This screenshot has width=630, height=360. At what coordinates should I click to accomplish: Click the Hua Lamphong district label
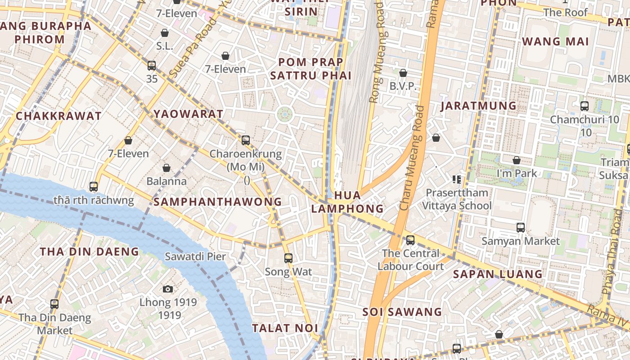347,202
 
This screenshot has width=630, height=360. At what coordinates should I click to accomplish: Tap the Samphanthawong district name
218,202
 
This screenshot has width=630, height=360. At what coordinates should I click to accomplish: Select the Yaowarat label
189,114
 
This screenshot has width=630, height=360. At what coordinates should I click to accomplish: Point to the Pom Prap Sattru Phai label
310,68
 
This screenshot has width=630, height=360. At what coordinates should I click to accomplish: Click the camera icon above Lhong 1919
168,289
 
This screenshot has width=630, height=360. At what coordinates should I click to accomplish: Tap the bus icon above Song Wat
288,258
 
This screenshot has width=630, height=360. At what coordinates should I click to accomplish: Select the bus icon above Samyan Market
521,228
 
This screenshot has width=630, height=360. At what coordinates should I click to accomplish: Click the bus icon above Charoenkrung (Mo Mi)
246,140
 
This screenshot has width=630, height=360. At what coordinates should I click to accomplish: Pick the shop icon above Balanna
166,168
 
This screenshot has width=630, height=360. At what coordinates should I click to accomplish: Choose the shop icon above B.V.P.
403,73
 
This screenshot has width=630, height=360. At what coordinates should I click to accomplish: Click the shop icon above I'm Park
517,160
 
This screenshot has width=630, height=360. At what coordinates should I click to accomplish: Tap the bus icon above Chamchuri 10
585,106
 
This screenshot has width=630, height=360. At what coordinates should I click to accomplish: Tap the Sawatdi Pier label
195,256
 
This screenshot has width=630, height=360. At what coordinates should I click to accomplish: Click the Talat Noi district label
285,328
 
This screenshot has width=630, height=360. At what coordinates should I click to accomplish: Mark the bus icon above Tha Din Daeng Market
54,304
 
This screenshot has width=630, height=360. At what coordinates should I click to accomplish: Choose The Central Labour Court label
410,260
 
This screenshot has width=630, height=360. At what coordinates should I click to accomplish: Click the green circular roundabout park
284,114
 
